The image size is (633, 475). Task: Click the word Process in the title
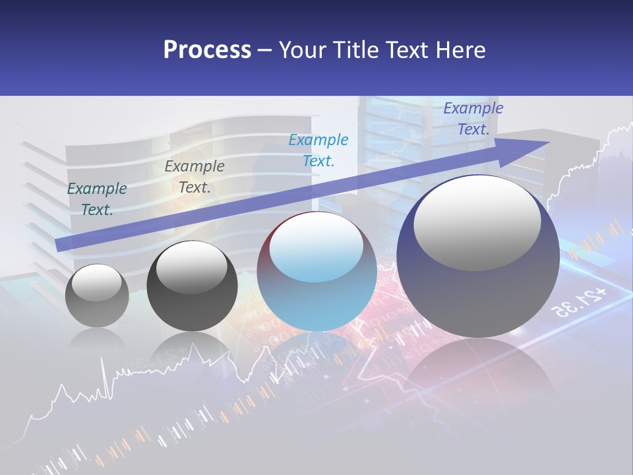[207, 50]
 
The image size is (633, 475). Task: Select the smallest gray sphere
[97, 296]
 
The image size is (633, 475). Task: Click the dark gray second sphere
[192, 287]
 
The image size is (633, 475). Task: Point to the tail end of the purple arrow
[59, 245]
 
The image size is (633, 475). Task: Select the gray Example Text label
[194, 177]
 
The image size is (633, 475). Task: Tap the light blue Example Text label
[318, 150]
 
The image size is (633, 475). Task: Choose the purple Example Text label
[473, 119]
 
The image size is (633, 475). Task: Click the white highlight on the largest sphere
[477, 222]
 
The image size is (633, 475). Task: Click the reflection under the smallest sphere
[97, 340]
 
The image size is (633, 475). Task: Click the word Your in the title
[304, 50]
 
